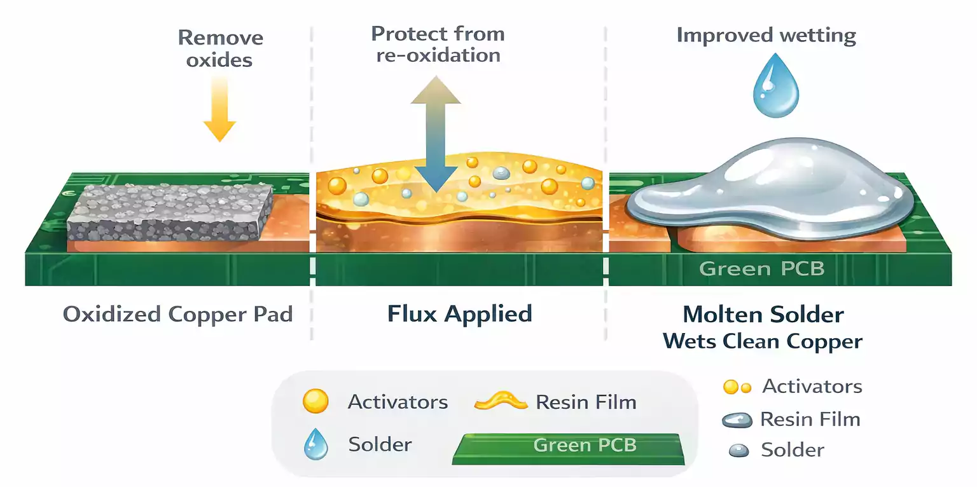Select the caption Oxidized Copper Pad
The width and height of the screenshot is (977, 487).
coord(177,314)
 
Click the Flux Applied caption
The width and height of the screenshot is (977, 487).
coord(459,313)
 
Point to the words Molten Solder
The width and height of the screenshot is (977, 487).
coord(763,314)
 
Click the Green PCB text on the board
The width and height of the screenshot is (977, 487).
coord(761,268)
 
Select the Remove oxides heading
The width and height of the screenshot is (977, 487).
coord(220,48)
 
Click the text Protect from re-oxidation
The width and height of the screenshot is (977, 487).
coord(438,44)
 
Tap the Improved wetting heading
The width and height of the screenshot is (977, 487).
coord(766,35)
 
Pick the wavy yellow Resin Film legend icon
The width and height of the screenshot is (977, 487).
coord(501,402)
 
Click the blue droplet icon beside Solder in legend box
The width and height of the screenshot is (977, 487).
coord(315,444)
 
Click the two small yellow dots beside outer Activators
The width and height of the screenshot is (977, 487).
coord(738,387)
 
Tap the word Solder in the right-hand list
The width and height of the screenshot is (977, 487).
coord(792,450)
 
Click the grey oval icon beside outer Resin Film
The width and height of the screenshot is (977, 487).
coord(737,420)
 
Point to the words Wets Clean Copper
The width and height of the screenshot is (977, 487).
coord(763,341)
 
